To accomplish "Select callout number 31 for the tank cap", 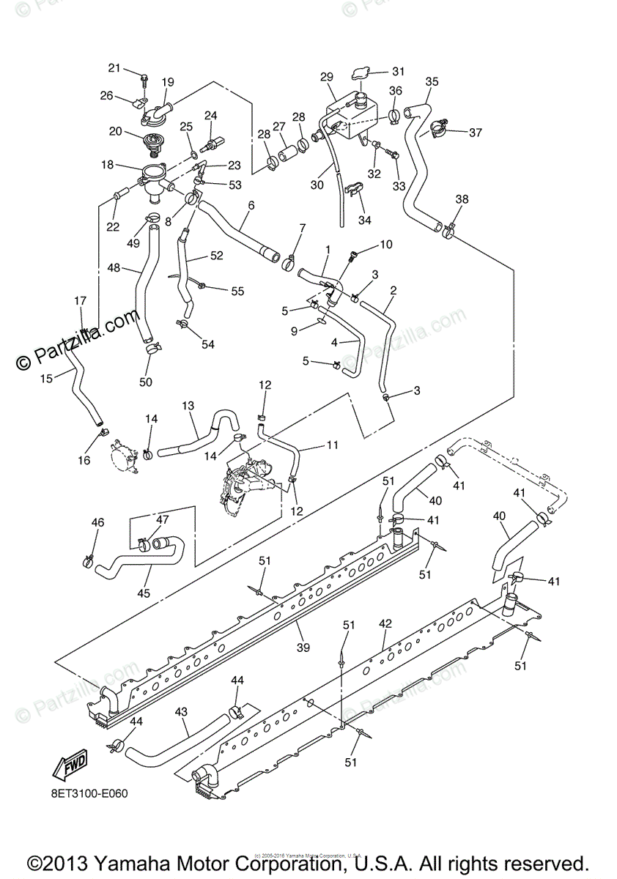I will (x=397, y=71).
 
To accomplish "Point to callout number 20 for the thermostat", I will (x=115, y=131).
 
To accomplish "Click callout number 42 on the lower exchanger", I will (x=385, y=623).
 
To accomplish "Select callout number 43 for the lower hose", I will (x=182, y=711).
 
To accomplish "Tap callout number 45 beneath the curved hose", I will (x=144, y=593).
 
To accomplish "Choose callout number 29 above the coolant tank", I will (x=327, y=77).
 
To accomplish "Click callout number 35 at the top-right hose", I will (x=432, y=81).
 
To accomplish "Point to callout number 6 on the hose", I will (x=251, y=206).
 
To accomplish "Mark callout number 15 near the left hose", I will (x=45, y=379).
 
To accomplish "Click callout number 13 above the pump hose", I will (x=188, y=406).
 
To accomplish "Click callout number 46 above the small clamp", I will (x=97, y=522).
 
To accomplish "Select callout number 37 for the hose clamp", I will (x=476, y=133).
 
